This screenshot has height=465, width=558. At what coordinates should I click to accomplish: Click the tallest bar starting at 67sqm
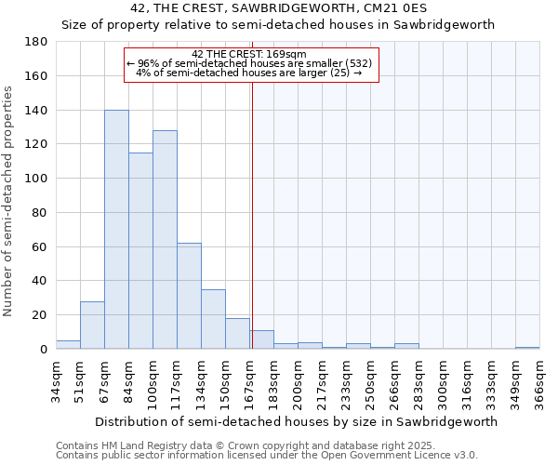click(x=116, y=230)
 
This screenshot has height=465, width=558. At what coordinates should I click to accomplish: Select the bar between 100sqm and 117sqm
click(x=165, y=240)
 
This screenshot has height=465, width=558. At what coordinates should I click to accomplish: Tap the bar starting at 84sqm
click(x=140, y=251)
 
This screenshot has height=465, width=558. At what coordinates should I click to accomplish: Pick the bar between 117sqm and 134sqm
click(x=189, y=296)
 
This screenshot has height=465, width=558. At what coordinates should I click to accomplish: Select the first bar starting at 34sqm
click(x=68, y=345)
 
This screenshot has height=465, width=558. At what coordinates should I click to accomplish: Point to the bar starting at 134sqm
click(x=213, y=319)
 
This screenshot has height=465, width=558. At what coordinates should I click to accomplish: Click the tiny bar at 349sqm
click(x=527, y=348)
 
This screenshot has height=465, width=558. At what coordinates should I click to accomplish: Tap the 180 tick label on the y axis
click(x=37, y=42)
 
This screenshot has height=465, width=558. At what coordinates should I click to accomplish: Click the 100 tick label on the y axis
click(x=37, y=179)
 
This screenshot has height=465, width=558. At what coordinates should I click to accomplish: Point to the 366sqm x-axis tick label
click(x=539, y=380)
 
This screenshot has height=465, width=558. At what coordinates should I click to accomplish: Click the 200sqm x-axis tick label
click(x=298, y=380)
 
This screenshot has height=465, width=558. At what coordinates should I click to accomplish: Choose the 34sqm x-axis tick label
click(x=56, y=380)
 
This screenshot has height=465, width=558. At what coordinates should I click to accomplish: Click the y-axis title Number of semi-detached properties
click(x=9, y=201)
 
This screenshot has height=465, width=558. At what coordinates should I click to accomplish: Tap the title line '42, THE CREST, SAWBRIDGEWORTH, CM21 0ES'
click(x=278, y=7)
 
